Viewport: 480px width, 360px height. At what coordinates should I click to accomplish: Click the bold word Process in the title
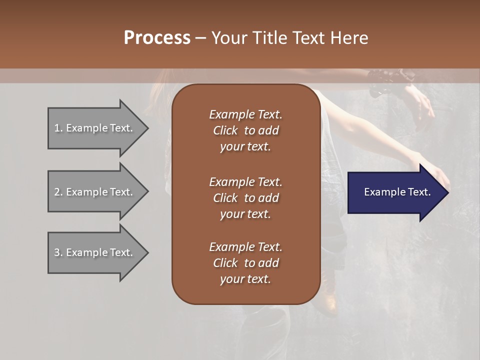(x=157, y=38)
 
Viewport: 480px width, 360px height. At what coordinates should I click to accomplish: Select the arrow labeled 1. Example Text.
(x=95, y=128)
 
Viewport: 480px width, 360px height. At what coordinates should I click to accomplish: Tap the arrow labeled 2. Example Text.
(x=95, y=192)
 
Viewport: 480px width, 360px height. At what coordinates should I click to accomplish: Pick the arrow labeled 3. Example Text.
(x=95, y=252)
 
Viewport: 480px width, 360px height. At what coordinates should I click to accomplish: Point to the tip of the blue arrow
(x=447, y=192)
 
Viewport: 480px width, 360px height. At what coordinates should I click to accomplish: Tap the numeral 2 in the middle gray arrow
(x=57, y=192)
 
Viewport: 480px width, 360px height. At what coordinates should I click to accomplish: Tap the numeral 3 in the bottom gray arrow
(x=57, y=252)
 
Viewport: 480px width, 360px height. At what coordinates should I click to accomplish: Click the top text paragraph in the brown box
(x=245, y=130)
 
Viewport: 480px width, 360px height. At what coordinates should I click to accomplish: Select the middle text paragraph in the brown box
(x=245, y=197)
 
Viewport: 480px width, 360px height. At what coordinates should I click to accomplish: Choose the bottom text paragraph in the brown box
(x=245, y=263)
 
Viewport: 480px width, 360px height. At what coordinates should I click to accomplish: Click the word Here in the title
(x=349, y=38)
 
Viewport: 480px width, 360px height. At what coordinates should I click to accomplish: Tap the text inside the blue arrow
(x=397, y=192)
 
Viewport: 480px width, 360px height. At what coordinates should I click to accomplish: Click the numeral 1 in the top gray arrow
(x=56, y=128)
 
